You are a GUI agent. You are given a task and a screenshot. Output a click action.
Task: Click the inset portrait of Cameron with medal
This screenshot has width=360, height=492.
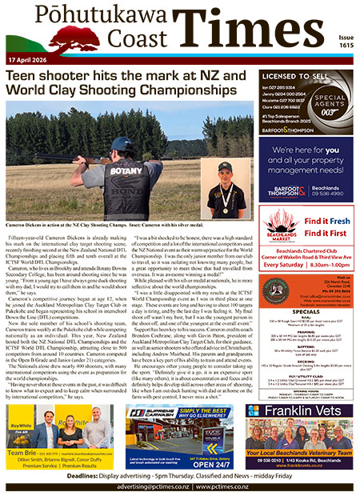[x=224, y=189]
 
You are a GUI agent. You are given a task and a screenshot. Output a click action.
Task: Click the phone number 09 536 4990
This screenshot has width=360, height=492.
[x=331, y=193]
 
